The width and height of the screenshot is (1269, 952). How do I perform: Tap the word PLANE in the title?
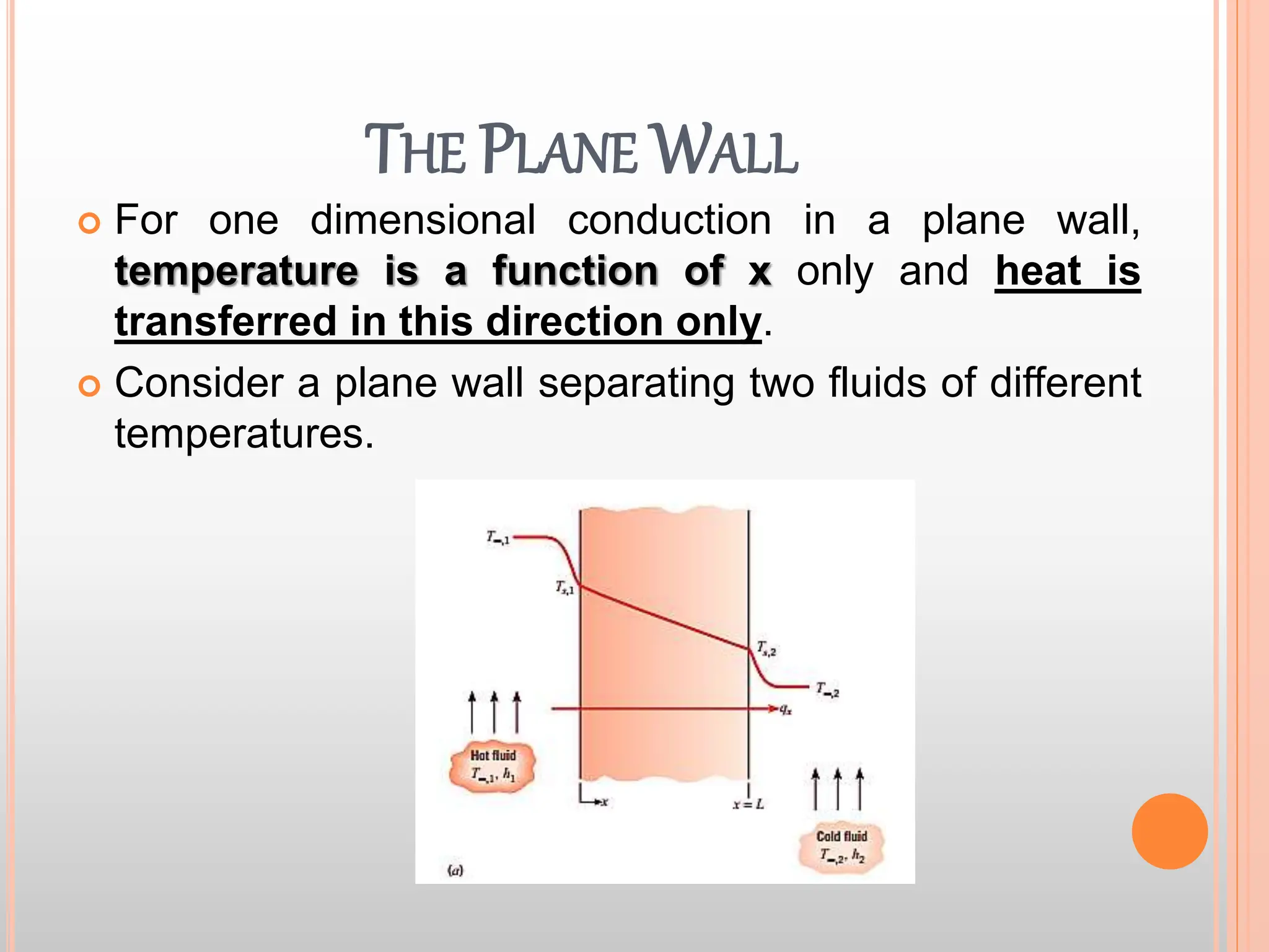click(559, 151)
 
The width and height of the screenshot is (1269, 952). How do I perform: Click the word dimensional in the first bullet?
click(423, 220)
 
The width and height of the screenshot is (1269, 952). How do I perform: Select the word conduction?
click(669, 220)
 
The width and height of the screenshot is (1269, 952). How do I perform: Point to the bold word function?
click(575, 271)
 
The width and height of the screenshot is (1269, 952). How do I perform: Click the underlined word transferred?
click(226, 322)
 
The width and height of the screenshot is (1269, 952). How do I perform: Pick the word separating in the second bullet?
click(636, 382)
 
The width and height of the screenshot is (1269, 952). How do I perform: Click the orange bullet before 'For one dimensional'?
click(89, 223)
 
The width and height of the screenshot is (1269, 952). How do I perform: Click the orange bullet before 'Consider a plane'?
click(89, 386)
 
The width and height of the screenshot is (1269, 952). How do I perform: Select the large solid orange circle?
click(1169, 831)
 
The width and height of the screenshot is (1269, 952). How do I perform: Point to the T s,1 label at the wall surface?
click(564, 587)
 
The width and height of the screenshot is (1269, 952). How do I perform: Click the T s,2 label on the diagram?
click(766, 649)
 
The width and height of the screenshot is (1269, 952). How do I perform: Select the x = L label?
click(748, 804)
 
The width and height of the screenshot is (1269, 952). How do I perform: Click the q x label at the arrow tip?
click(785, 710)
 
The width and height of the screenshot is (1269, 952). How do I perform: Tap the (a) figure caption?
click(455, 871)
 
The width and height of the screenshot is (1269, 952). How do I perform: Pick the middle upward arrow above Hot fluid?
click(494, 713)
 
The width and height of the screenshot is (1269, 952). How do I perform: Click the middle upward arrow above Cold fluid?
click(837, 788)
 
